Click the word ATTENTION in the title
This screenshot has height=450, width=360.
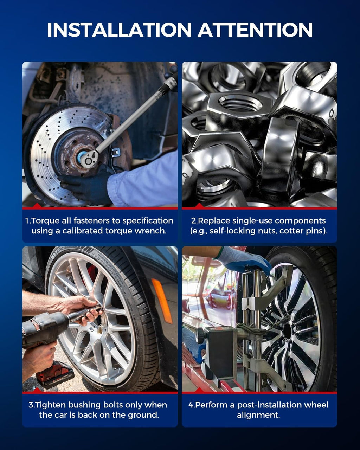pos(255,30)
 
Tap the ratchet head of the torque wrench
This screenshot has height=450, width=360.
pos(89,158)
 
